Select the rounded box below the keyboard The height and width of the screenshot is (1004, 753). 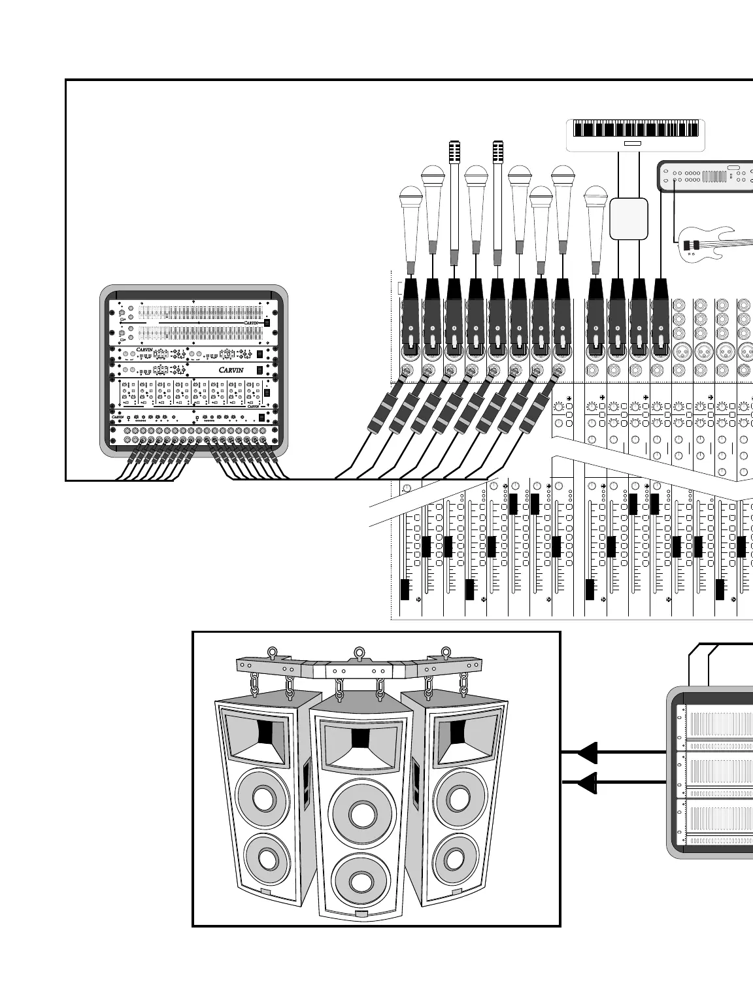[629, 219]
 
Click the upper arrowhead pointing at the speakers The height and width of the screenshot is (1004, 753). [587, 752]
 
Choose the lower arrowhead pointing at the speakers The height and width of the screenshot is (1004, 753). [587, 782]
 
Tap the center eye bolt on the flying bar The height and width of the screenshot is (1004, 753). [359, 652]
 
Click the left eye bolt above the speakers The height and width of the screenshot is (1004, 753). [271, 652]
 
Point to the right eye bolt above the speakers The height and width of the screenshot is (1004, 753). [446, 652]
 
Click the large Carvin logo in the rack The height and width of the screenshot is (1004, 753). [231, 370]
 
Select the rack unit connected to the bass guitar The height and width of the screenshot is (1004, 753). [706, 176]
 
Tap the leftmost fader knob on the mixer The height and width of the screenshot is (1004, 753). [405, 589]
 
